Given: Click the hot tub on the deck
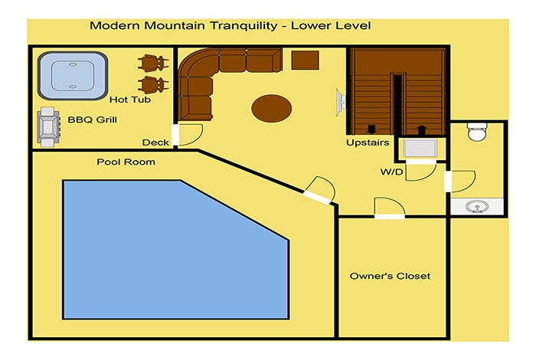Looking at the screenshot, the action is pos(73,76).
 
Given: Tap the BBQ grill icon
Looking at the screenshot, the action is pos(48,127).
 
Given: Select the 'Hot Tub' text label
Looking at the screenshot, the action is pos(130,100).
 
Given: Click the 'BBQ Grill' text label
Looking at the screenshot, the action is pos(93,119).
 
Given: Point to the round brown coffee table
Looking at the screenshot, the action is pos(271,108).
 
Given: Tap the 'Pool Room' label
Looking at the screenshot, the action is pos(126,162).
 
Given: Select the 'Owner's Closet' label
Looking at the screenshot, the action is pos(390,276).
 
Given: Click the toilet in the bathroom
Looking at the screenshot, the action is pos(477,132).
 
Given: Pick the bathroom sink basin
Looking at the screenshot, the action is pos(476,207).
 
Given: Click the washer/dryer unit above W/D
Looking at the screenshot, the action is pos(420,148).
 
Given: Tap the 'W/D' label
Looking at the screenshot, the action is pos(392,172).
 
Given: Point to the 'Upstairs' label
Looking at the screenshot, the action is pos(368,142).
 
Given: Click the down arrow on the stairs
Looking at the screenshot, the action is pos(371,129).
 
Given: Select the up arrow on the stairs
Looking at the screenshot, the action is pos(422,130).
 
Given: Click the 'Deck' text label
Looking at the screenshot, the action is pos(155,142).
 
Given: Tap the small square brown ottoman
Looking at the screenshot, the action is pos(305,61).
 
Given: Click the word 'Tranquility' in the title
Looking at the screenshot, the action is pos(243,25).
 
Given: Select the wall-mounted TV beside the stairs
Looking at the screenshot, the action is pos(341,103).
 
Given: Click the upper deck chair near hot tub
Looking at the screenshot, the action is pos(153,63).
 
